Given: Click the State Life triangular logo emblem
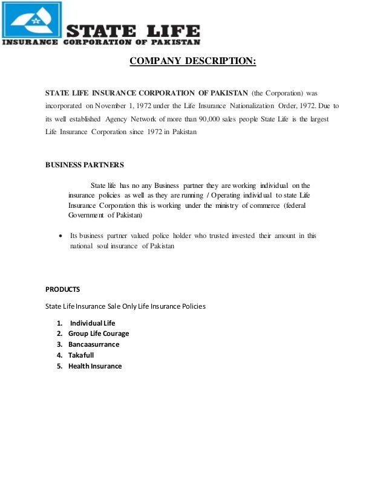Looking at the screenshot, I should (32, 21).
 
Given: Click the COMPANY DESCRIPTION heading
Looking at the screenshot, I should (193, 62).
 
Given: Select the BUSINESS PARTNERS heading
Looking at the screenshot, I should (85, 165).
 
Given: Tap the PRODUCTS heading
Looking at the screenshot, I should (63, 289).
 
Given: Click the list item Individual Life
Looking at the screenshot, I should (93, 323).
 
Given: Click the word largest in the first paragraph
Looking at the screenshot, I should (318, 119).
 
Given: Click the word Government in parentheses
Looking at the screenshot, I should (87, 215).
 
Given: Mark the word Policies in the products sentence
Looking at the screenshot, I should (191, 306).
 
